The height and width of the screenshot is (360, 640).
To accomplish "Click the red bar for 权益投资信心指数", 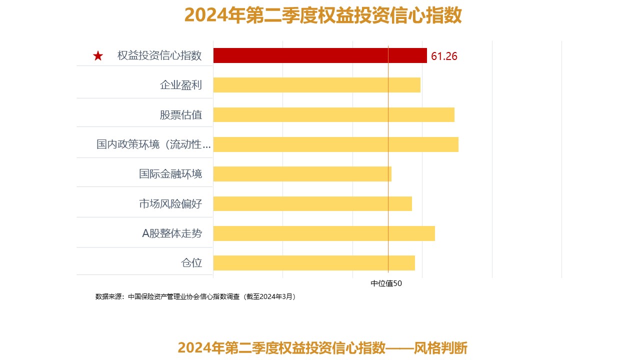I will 320,55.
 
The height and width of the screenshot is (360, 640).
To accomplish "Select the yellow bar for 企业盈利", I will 316,85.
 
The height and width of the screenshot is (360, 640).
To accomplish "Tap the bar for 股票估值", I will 333,114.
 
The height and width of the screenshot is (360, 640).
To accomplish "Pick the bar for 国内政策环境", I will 335,144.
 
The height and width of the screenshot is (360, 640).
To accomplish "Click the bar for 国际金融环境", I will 302,174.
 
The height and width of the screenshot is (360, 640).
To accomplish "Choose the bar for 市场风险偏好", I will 312,203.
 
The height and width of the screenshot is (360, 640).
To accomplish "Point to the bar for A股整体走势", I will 324,233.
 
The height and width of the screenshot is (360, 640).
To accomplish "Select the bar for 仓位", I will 314,263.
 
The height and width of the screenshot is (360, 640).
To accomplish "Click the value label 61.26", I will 444,56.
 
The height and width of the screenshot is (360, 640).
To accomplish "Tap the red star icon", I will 98,56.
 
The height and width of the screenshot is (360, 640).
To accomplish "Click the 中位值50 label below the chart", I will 386,283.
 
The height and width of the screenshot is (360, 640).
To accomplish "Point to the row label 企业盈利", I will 181,85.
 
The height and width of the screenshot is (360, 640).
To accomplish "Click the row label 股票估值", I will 181,114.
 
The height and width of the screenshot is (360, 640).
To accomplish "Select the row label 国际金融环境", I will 170,174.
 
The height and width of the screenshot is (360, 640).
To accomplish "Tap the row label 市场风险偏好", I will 170,203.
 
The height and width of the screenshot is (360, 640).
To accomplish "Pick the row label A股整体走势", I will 172,233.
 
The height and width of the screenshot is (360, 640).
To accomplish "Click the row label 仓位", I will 191,263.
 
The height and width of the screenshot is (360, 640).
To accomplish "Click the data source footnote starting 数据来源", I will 196,296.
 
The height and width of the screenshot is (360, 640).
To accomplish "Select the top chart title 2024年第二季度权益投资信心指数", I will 323,15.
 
